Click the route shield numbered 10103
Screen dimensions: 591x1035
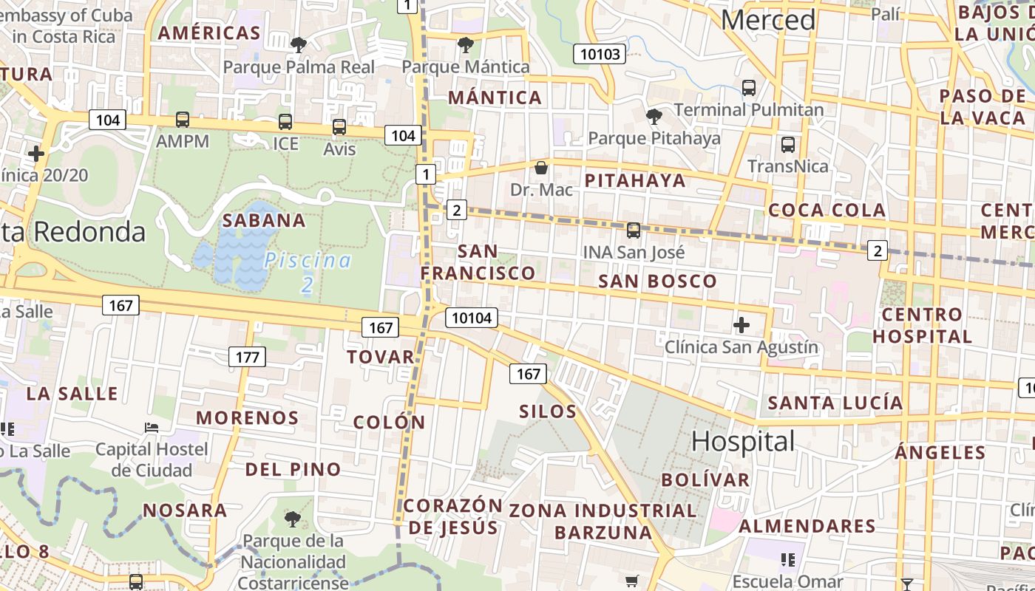[x=600, y=53]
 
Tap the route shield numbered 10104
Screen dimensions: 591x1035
[x=471, y=318]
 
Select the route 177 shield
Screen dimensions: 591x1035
[x=247, y=358]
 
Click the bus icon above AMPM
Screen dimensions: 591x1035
[x=183, y=119]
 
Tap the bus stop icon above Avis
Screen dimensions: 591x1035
[x=339, y=127]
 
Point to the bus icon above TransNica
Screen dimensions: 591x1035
[x=788, y=144]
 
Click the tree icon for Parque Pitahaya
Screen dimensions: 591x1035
[x=654, y=116]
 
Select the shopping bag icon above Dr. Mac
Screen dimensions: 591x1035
[x=541, y=168]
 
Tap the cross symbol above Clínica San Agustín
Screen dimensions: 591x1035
[x=742, y=324]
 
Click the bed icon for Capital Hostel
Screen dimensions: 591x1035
[x=152, y=427]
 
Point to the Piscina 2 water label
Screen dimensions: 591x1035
[x=308, y=272]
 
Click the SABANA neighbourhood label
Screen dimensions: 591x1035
[x=264, y=220]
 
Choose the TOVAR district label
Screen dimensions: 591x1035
[x=381, y=357]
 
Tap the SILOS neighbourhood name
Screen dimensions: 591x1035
[x=548, y=411]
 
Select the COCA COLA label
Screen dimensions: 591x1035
[x=827, y=210]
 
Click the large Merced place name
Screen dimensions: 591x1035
[x=768, y=20]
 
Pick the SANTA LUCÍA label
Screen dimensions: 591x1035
[x=835, y=403]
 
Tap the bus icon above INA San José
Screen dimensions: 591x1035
[x=633, y=230]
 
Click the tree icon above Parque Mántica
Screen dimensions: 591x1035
[x=466, y=45]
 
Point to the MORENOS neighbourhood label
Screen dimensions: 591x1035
[x=247, y=417]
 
